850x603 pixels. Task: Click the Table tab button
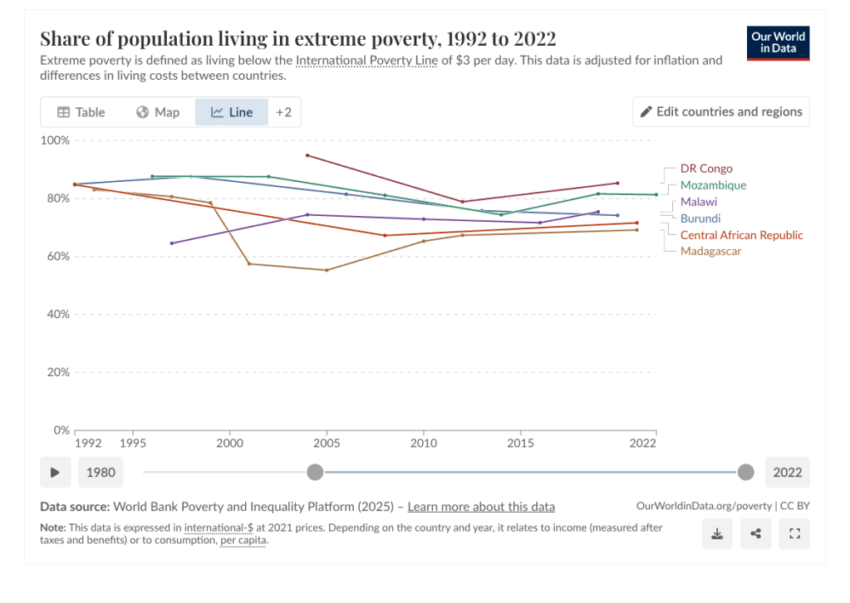click(x=81, y=112)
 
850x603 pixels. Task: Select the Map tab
click(x=158, y=112)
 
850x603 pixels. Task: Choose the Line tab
click(x=232, y=112)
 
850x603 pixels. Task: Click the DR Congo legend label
click(x=706, y=169)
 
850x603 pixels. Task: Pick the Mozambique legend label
click(x=713, y=185)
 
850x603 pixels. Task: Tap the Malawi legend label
click(x=699, y=202)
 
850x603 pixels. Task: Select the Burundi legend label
click(x=700, y=218)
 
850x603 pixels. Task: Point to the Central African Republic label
click(x=741, y=235)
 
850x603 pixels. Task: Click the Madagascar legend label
click(x=710, y=251)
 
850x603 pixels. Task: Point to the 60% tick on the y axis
click(x=56, y=257)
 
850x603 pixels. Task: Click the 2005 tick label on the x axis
click(x=327, y=444)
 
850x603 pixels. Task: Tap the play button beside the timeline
click(x=55, y=473)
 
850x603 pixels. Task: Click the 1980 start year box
click(x=101, y=473)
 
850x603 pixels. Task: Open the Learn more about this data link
click(x=481, y=507)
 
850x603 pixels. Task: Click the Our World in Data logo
click(x=779, y=43)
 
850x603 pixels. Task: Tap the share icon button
click(x=755, y=534)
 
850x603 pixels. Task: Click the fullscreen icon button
click(x=794, y=534)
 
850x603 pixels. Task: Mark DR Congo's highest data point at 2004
click(x=307, y=155)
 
